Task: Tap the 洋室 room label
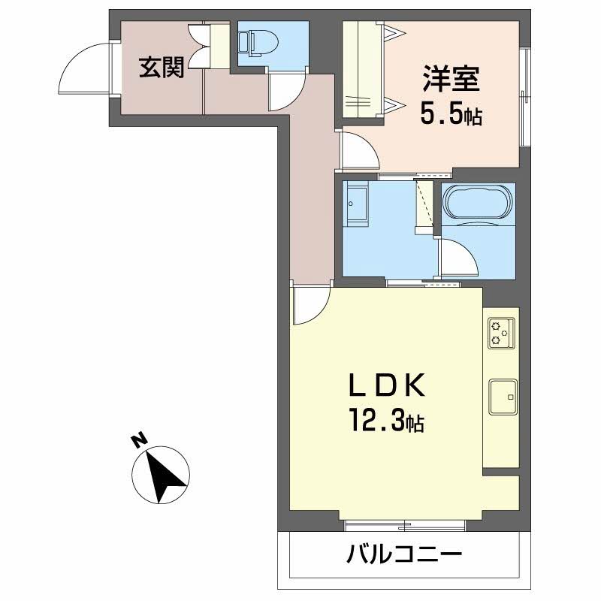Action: [x=451, y=80]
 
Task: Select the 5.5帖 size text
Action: [x=450, y=115]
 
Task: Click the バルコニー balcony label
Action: [x=403, y=557]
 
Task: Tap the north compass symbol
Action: [x=161, y=475]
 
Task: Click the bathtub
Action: [x=479, y=203]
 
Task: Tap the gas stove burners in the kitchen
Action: [x=500, y=333]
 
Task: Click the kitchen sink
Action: [x=501, y=396]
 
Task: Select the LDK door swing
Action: [x=312, y=307]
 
